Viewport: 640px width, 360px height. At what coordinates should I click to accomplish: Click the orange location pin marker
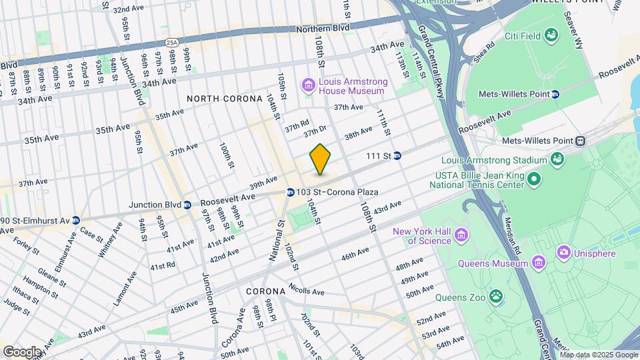(321, 159)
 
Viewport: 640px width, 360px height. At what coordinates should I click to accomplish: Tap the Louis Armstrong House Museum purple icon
(309, 85)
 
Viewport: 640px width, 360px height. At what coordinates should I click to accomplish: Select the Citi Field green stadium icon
(551, 34)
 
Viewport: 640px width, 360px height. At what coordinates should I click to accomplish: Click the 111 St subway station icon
(397, 155)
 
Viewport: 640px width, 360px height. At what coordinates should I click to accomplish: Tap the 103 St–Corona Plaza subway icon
(291, 192)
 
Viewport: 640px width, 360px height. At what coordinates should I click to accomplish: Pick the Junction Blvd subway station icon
(188, 205)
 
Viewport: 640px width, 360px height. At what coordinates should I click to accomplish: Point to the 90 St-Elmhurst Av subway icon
(77, 220)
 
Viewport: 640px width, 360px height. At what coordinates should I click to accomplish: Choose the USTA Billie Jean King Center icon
(534, 179)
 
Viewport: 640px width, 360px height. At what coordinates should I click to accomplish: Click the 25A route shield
(172, 43)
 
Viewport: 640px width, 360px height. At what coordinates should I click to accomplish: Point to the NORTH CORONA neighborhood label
(224, 99)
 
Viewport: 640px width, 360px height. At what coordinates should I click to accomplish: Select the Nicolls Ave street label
(307, 291)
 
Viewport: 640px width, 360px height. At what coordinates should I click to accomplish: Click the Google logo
(22, 351)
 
